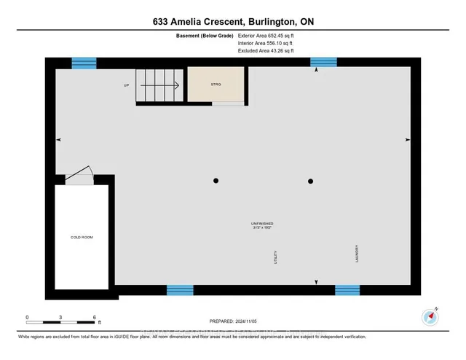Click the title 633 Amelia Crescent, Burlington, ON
[233, 20]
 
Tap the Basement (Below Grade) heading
[205, 35]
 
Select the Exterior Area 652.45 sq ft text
[266, 35]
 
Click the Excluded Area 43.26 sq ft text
[266, 51]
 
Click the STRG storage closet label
[216, 85]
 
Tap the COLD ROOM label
[82, 237]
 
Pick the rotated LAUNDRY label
[358, 254]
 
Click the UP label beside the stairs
[126, 85]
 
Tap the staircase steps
[159, 85]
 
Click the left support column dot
[216, 181]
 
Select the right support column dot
[310, 181]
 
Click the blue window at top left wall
[84, 63]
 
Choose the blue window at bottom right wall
[347, 290]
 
